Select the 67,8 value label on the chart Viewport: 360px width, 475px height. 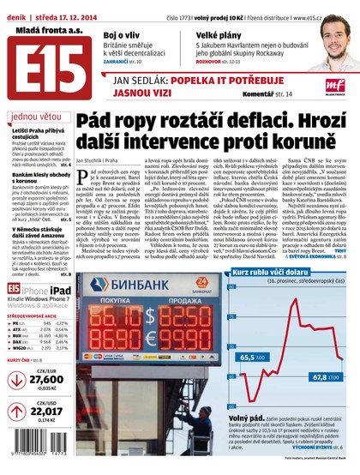pos(320,375)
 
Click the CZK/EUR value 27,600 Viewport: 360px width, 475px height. pos(46,377)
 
